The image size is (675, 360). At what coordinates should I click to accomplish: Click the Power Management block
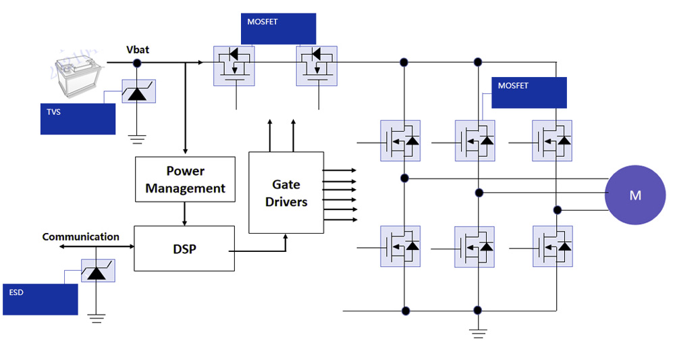tap(185, 180)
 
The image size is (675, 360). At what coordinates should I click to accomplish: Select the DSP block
tap(184, 249)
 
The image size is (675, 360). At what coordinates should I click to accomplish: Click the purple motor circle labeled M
tap(635, 195)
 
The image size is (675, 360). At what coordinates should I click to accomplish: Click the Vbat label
tap(138, 50)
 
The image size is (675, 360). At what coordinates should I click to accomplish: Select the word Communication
tap(80, 237)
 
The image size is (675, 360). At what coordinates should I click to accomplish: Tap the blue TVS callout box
tap(78, 119)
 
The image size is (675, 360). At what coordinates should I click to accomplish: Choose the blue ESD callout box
tap(40, 299)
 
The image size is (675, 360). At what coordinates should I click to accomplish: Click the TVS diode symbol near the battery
tap(137, 92)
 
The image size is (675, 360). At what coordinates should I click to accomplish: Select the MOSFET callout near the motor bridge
tap(529, 93)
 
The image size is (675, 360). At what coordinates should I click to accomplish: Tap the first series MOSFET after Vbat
tap(234, 66)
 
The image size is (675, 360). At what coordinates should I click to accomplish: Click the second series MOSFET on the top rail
tap(317, 66)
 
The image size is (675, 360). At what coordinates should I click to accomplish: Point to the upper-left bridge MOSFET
tap(400, 140)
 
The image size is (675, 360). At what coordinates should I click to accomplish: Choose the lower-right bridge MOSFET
tap(552, 247)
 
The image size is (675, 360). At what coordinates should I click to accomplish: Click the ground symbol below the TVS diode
tap(137, 140)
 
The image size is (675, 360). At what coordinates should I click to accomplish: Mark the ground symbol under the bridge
tap(478, 332)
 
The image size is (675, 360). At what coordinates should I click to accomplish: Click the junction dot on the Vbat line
tap(137, 63)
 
